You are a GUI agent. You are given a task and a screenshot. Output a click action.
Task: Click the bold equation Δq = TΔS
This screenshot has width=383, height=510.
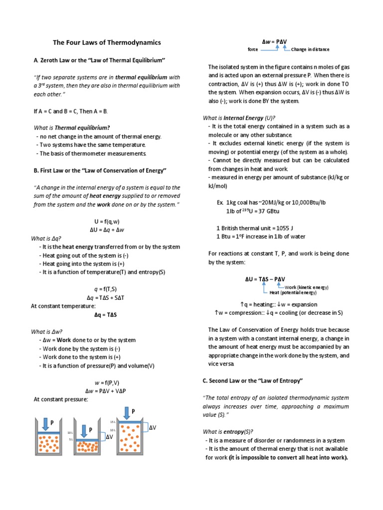coord(108,315)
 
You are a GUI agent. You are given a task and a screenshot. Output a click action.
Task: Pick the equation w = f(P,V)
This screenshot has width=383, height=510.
coord(108,382)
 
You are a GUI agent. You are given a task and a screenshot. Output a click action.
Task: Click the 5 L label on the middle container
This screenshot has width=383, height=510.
coord(71,440)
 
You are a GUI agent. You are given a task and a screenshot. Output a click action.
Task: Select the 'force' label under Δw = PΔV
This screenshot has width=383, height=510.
coord(253,50)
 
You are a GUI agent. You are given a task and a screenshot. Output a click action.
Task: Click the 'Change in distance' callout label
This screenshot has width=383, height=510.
coord(310,50)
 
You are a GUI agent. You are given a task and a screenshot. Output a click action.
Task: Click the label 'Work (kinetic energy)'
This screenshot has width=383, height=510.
coord(307,287)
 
